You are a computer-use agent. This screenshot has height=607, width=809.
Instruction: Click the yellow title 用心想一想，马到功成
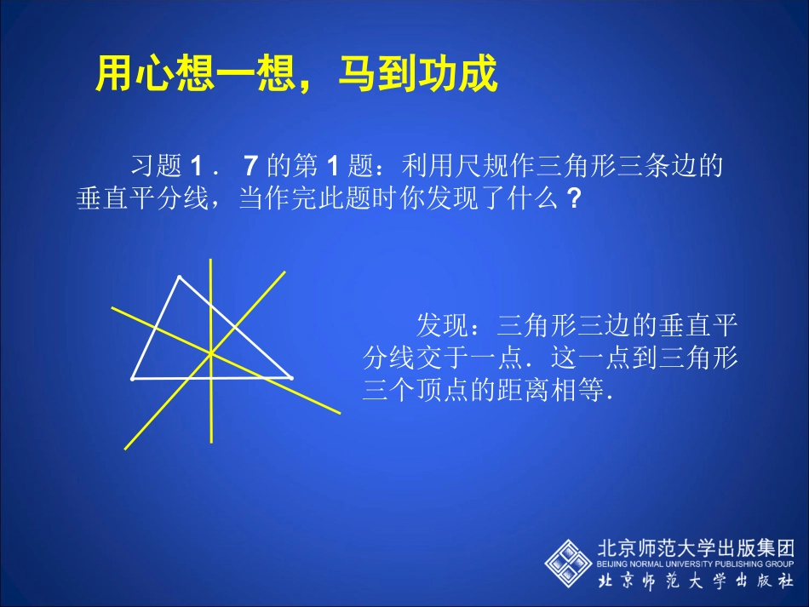(x=295, y=75)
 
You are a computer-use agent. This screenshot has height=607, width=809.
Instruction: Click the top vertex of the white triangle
(x=179, y=277)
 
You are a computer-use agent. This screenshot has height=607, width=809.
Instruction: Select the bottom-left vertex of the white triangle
(x=133, y=378)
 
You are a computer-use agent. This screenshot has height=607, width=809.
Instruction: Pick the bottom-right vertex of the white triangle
(x=291, y=376)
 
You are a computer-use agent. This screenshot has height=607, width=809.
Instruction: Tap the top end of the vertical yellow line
(x=210, y=260)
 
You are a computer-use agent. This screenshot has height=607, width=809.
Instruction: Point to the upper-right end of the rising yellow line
(x=284, y=273)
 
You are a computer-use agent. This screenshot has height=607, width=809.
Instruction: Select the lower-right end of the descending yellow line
(x=339, y=413)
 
